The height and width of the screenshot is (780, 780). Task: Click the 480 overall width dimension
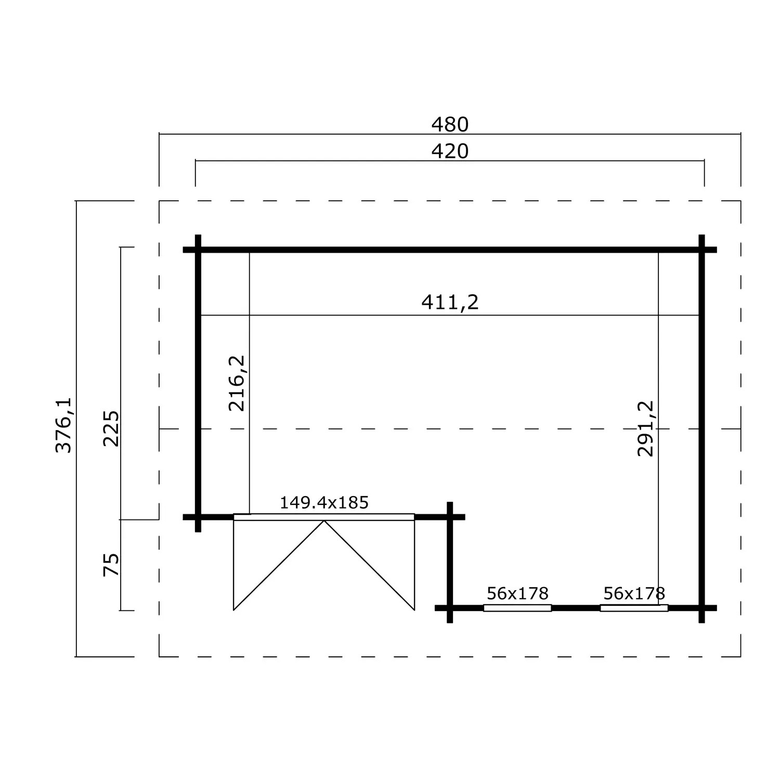click(450, 125)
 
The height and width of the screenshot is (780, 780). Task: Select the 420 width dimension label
click(450, 151)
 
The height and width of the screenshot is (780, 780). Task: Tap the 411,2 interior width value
click(450, 302)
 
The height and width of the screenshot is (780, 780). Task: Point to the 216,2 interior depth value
click(237, 383)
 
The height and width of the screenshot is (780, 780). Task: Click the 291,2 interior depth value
click(645, 429)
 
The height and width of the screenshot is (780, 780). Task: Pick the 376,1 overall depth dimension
click(63, 425)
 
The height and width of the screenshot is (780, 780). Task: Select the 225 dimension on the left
click(111, 428)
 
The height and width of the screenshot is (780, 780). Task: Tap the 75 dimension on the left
click(111, 565)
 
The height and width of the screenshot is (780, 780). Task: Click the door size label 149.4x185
click(324, 503)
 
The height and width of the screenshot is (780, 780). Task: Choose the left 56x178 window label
click(517, 593)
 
